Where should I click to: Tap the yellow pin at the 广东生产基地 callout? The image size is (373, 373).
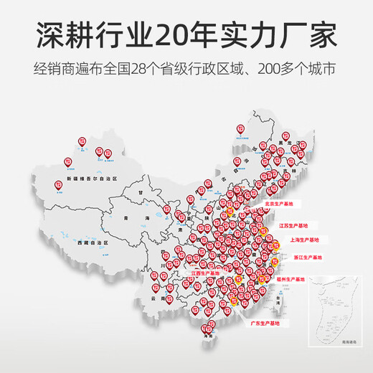click(235, 300)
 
